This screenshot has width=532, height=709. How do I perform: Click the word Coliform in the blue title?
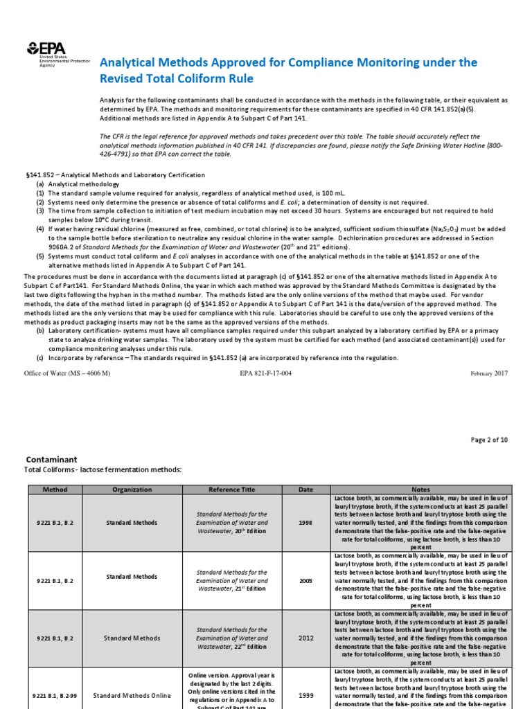tap(207, 78)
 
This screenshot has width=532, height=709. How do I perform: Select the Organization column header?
tap(132, 490)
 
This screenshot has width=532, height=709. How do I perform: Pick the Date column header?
tap(305, 490)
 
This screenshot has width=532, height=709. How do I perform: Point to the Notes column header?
tap(420, 490)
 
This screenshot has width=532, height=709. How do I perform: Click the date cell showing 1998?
tap(305, 523)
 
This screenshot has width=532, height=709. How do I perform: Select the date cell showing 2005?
tap(305, 580)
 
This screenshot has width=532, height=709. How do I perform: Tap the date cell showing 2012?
tap(305, 638)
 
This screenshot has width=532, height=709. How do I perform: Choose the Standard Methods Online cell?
tap(132, 694)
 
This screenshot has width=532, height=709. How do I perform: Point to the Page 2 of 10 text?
tap(489, 440)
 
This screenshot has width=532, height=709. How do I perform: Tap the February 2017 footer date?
tap(489, 373)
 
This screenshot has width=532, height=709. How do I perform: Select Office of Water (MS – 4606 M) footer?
tap(67, 373)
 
